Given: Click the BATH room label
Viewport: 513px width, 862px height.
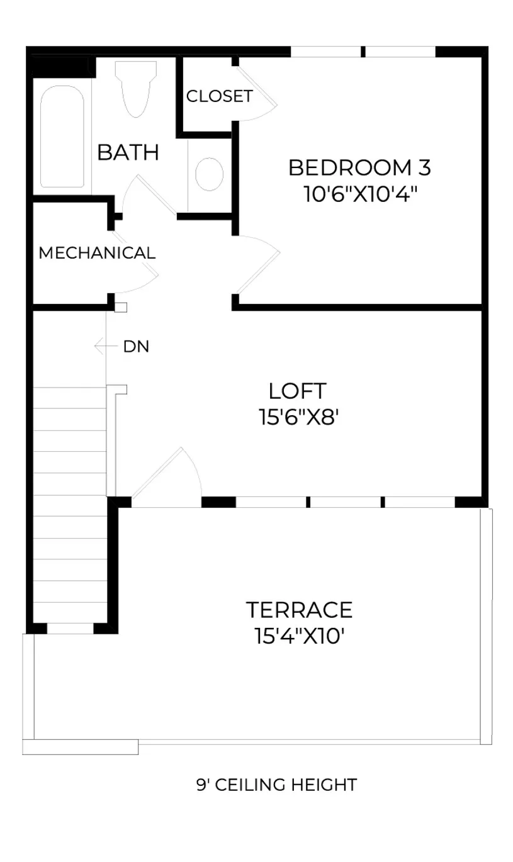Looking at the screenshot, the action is pos(128,152).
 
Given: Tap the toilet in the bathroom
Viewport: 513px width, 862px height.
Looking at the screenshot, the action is pos(136,89).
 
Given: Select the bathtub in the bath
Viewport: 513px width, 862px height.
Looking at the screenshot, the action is pos(62,137).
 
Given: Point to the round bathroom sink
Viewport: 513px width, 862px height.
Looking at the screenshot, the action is pos(210,174).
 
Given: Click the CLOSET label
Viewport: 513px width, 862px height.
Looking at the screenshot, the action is pos(219,96).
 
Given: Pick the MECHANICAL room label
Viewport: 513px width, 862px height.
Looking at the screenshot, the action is pos(97,253).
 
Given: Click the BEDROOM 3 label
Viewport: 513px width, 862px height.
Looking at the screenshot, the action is pos(360,168).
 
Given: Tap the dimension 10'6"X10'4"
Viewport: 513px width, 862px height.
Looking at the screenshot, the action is pos(361,194).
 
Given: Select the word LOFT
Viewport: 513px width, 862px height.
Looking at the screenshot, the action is pos(298,391).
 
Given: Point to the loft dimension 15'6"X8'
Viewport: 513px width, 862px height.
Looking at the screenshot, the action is pos(298,417).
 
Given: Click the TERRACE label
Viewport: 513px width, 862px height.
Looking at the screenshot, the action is pos(299,610).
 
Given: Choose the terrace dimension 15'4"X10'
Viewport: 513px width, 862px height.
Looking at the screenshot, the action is pos(299,635).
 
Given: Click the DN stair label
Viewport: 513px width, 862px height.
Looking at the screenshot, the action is pos(136,347).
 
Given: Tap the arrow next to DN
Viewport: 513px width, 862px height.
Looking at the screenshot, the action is pos(106,346).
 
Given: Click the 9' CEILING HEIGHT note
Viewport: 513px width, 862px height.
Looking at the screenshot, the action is pos(277,785).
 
